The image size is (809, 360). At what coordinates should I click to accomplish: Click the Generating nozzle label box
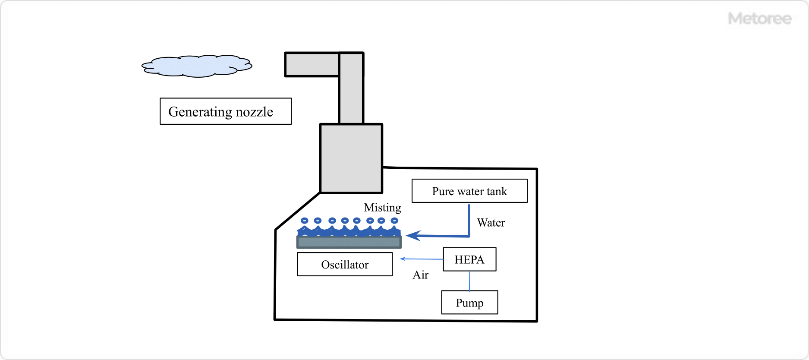point(225,111)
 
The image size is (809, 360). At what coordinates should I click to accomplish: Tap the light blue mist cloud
point(197,66)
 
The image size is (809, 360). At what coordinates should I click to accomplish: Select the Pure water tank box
point(469,191)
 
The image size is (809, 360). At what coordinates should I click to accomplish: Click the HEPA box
point(469,259)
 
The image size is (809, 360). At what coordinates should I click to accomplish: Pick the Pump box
point(469,303)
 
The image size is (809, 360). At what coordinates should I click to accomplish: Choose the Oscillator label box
point(345,264)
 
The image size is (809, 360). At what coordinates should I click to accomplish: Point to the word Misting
point(382,208)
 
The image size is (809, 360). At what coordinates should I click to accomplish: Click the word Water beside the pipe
point(491,223)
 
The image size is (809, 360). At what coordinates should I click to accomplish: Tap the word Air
point(420,275)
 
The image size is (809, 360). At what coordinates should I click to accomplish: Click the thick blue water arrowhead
point(413,236)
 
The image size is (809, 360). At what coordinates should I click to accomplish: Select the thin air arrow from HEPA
point(422,259)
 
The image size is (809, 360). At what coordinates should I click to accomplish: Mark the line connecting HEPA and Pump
point(469,281)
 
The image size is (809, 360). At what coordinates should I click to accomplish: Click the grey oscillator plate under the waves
point(349,242)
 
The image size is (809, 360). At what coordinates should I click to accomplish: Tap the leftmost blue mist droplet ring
point(305,221)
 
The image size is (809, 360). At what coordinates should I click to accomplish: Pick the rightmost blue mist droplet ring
point(394,221)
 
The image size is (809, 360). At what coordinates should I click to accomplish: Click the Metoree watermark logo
point(759,19)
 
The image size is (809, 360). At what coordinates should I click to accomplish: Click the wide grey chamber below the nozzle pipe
point(351,158)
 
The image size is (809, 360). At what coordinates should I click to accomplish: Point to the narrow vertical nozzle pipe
point(351,99)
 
